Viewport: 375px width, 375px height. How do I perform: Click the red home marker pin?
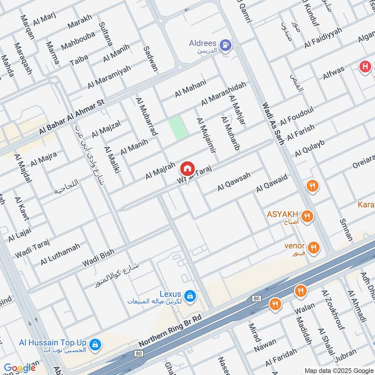[x=187, y=168]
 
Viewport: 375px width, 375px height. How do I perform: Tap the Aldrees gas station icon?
[x=226, y=45]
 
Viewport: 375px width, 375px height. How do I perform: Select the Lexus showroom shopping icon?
[x=190, y=296]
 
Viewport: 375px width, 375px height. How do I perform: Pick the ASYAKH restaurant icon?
[x=307, y=216]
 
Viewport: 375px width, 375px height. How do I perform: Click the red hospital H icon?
[x=365, y=67]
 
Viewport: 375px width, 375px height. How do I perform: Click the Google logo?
[x=19, y=368]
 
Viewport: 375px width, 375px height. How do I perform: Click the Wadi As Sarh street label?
[x=273, y=123]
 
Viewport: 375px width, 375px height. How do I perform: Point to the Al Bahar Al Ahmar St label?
[x=71, y=118]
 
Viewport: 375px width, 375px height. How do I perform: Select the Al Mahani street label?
[x=190, y=89]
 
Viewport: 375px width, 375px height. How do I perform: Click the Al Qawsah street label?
[x=234, y=182]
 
